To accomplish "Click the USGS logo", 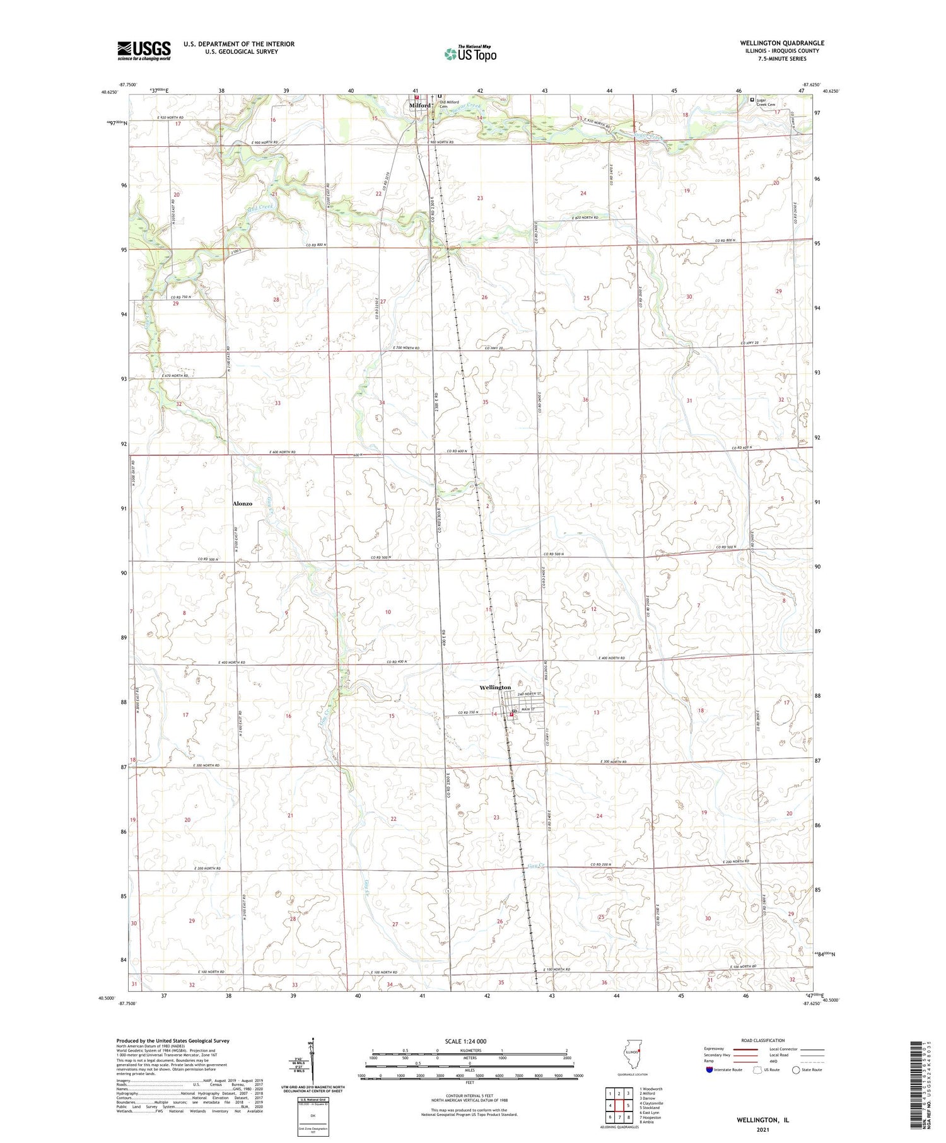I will click(x=144, y=50).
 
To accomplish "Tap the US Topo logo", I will click(x=470, y=54).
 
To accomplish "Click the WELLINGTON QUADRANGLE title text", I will click(x=782, y=44).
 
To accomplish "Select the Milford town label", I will click(x=419, y=105).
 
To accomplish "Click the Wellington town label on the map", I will click(x=495, y=687).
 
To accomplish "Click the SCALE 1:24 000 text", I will click(x=465, y=1041).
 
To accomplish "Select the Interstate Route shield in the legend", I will click(x=709, y=1070).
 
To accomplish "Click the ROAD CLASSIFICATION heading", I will click(x=762, y=1040).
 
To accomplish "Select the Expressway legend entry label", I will click(x=713, y=1049).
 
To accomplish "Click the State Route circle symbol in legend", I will click(x=796, y=1070).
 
